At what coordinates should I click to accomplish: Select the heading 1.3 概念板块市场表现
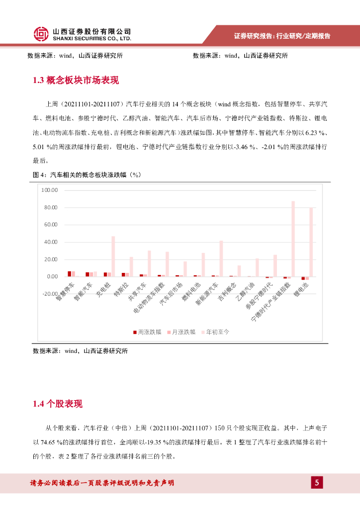pyautogui.click(x=76, y=81)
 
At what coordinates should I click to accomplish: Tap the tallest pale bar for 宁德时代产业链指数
pyautogui.click(x=293, y=239)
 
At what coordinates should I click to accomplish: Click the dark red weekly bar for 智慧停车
pyautogui.click(x=70, y=273)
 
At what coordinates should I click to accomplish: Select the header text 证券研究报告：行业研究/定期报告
pyautogui.click(x=282, y=36)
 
